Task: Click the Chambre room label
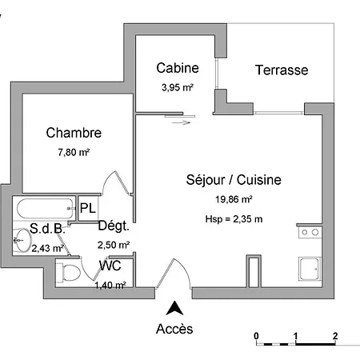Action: tap(74, 132)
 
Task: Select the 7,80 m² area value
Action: tap(73, 150)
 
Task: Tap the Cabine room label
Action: tap(178, 68)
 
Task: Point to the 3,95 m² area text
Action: tap(178, 86)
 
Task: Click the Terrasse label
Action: tap(282, 70)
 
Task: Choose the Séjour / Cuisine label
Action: tap(234, 181)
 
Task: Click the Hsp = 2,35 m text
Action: tap(234, 218)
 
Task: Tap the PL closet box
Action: tap(88, 209)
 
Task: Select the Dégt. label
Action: tap(113, 226)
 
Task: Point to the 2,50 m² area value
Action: tap(113, 245)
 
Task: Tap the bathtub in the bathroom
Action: tap(42, 209)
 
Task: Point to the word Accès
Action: tap(174, 328)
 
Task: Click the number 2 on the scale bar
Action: tap(335, 335)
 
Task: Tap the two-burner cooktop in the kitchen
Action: tap(308, 234)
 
